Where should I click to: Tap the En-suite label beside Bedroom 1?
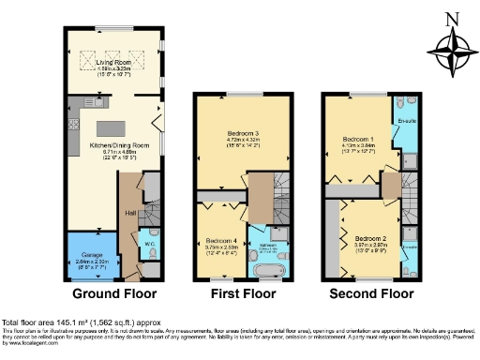click(x=406, y=122)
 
